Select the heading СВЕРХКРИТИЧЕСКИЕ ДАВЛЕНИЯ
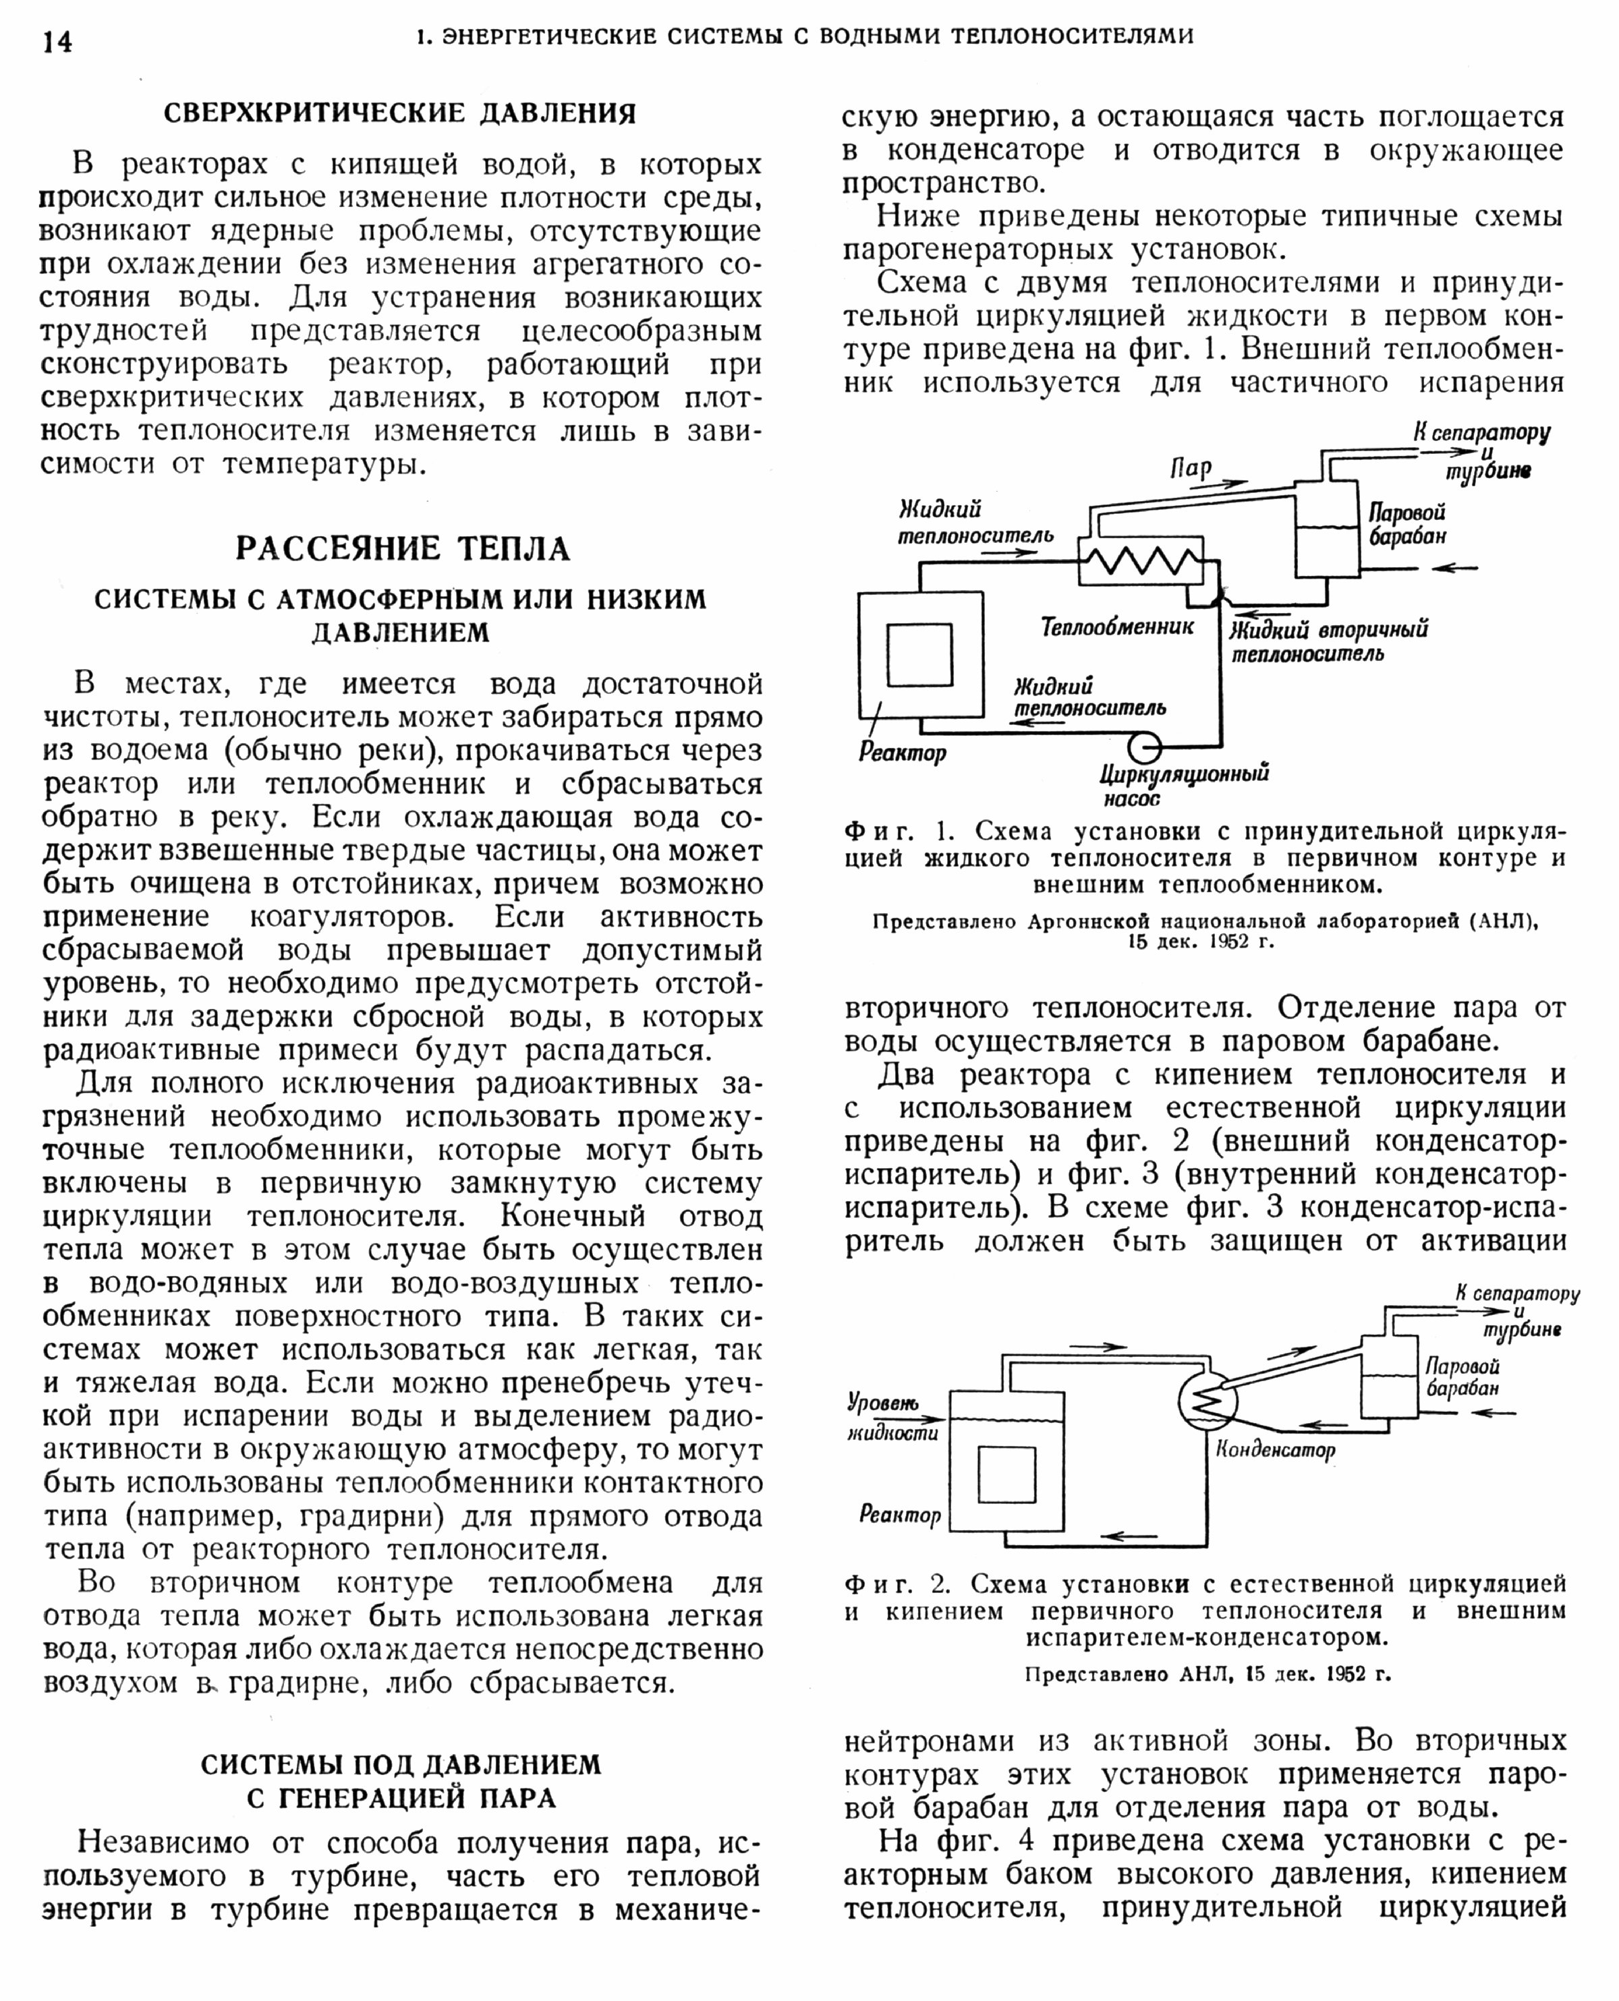[400, 114]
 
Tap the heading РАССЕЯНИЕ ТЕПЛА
[402, 548]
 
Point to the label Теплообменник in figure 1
[1117, 627]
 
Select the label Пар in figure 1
[1191, 468]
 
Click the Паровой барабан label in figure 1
[1407, 524]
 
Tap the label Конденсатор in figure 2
[1275, 1450]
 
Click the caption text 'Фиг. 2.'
[897, 1584]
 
